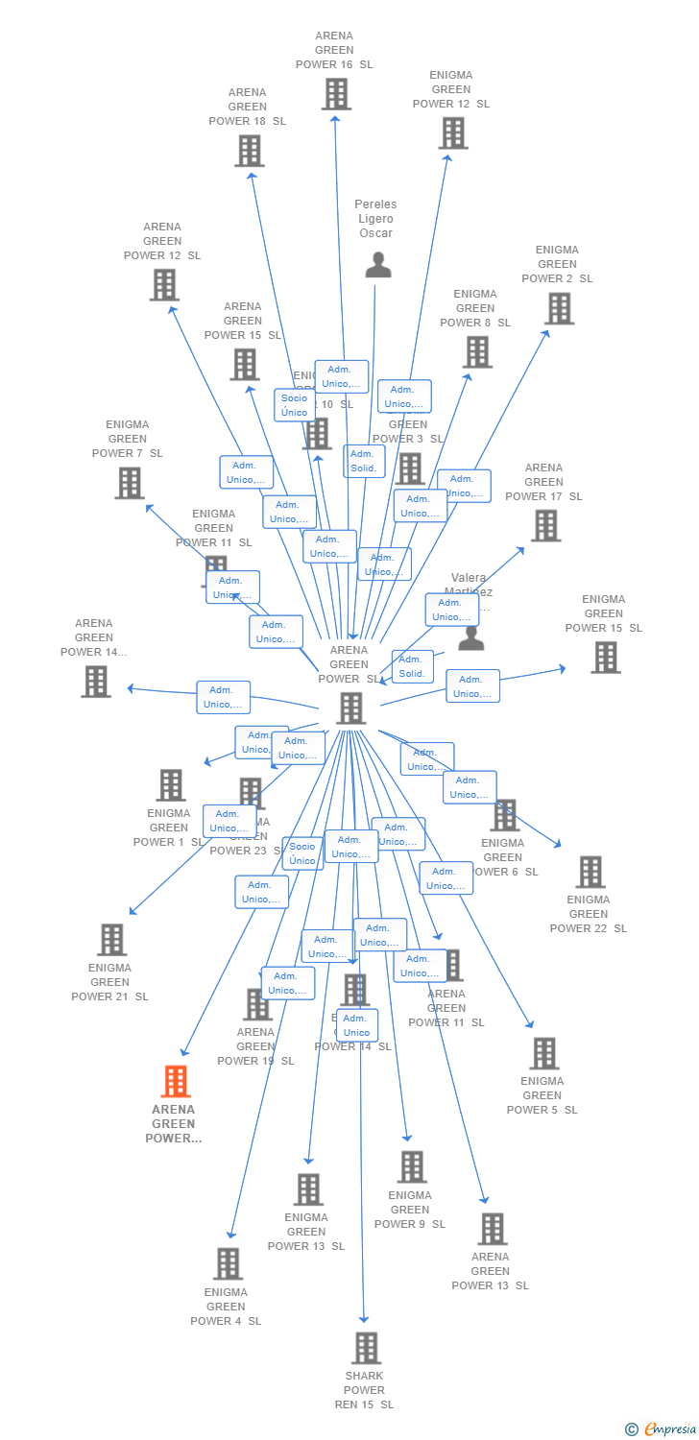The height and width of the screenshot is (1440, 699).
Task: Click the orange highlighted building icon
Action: (x=175, y=1082)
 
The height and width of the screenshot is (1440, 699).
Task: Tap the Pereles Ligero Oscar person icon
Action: (x=378, y=265)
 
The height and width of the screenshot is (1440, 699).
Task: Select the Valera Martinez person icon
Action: (x=470, y=638)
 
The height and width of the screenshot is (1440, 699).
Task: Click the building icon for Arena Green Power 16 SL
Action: (x=335, y=94)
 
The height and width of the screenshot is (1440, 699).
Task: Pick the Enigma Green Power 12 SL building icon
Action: (x=452, y=133)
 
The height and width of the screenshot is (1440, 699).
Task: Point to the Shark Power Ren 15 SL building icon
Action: (x=366, y=1349)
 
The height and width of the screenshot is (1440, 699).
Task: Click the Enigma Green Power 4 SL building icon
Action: (x=228, y=1264)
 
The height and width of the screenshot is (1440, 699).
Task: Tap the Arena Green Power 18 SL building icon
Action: (x=249, y=151)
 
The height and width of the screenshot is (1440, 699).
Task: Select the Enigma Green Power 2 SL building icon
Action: (x=559, y=308)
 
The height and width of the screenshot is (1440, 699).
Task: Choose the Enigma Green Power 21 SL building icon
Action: (x=112, y=940)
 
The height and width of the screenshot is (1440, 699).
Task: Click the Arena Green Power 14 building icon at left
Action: (x=96, y=681)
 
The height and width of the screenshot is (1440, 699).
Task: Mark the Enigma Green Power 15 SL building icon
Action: (x=605, y=658)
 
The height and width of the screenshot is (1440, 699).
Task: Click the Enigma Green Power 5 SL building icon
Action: (x=543, y=1053)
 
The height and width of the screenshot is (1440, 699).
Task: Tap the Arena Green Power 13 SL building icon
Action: (x=492, y=1229)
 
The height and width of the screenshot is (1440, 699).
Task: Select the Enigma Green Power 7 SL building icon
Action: (x=130, y=483)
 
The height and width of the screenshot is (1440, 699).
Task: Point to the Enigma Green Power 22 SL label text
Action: (x=588, y=914)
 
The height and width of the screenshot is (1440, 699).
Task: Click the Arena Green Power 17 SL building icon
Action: (x=545, y=526)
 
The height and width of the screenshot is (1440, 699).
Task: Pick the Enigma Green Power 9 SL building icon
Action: (x=411, y=1167)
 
